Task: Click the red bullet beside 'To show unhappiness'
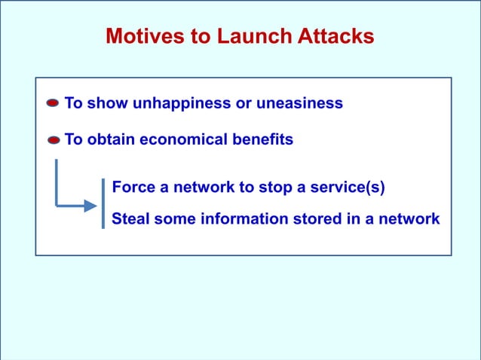(x=53, y=104)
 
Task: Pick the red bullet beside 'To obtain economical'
(x=53, y=140)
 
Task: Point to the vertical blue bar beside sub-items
(x=103, y=203)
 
